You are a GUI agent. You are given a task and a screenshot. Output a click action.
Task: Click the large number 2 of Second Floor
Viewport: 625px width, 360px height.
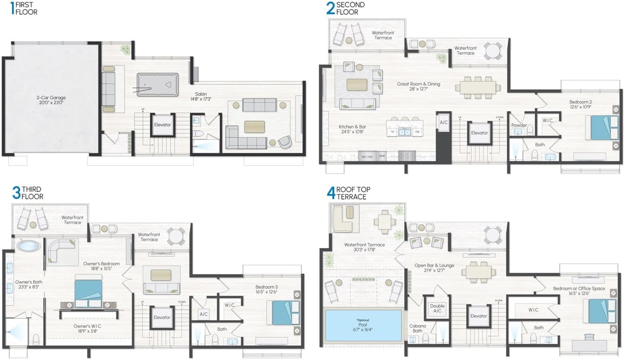pos(330,8)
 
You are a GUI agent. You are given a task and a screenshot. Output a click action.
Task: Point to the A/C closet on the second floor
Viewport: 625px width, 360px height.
pos(444,123)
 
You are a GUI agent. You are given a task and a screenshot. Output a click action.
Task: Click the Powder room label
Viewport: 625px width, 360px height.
pos(518,126)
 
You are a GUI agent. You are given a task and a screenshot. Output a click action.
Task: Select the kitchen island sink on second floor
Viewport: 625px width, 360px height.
pos(405,132)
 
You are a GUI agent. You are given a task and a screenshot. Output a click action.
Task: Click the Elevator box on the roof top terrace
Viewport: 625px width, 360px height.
pos(478,316)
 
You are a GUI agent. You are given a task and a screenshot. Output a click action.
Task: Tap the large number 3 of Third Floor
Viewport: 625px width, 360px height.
pos(17,193)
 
